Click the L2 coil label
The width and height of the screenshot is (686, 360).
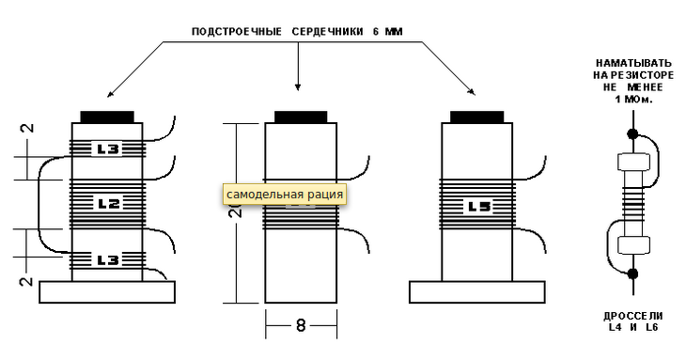pyautogui.click(x=108, y=204)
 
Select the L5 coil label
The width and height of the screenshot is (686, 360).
pyautogui.click(x=479, y=207)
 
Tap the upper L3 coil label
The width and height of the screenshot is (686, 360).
pyautogui.click(x=108, y=149)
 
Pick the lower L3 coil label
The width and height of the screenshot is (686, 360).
pyautogui.click(x=108, y=260)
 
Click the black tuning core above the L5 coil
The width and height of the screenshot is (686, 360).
pyautogui.click(x=476, y=117)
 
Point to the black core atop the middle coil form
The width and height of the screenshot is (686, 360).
pyautogui.click(x=301, y=117)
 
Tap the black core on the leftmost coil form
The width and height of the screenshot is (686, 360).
pyautogui.click(x=107, y=117)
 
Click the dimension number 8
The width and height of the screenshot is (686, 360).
pyautogui.click(x=301, y=325)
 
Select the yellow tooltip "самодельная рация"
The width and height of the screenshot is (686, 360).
pyautogui.click(x=285, y=195)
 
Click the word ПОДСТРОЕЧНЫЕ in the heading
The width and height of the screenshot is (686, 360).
pyautogui.click(x=237, y=32)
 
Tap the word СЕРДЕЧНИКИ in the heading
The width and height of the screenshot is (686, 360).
pyautogui.click(x=327, y=32)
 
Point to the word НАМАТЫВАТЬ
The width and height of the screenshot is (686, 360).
pyautogui.click(x=633, y=63)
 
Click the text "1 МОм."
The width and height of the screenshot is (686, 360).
pyautogui.click(x=633, y=100)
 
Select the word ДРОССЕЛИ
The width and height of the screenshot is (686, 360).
pyautogui.click(x=633, y=316)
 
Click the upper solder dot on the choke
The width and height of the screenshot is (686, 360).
pyautogui.click(x=632, y=133)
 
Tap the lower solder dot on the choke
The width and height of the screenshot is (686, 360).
pyautogui.click(x=632, y=274)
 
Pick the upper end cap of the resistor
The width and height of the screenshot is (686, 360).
pyautogui.click(x=633, y=162)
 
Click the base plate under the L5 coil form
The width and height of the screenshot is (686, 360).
pyautogui.click(x=476, y=292)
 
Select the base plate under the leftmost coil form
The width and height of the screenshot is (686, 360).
pyautogui.click(x=107, y=292)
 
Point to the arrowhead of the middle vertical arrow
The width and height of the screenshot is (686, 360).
pyautogui.click(x=298, y=87)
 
